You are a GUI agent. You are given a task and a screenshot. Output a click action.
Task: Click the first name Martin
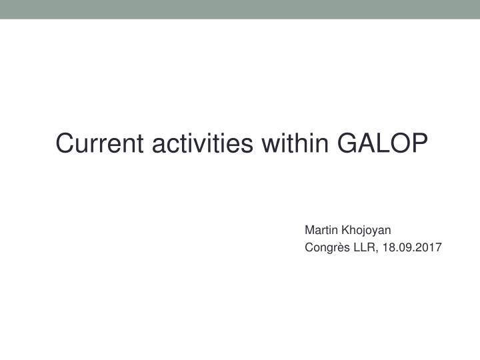point(321,230)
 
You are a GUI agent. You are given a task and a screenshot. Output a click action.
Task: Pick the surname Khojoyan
point(366,230)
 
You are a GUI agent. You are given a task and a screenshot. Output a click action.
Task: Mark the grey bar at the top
point(240,9)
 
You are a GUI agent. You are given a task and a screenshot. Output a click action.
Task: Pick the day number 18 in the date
point(389,248)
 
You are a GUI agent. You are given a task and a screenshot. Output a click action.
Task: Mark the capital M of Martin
point(309,230)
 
